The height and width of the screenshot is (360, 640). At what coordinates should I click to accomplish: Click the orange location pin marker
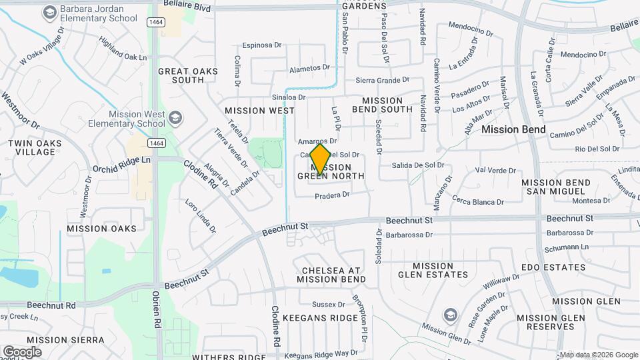click(x=320, y=159)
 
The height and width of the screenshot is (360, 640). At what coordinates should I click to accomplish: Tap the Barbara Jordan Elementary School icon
click(x=49, y=12)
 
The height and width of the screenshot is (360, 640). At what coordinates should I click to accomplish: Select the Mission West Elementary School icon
click(x=175, y=119)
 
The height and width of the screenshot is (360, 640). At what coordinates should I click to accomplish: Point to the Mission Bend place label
click(x=513, y=129)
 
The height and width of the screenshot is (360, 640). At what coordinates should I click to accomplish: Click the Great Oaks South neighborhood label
click(x=181, y=75)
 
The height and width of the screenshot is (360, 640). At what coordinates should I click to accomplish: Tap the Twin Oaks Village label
click(x=35, y=147)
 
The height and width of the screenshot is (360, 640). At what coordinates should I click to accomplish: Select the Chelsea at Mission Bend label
click(x=331, y=275)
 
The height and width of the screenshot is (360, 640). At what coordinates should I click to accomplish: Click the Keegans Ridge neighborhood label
click(x=320, y=318)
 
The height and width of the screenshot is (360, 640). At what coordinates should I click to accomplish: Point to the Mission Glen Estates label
click(x=433, y=270)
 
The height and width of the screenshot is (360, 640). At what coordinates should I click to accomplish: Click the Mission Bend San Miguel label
click(x=555, y=187)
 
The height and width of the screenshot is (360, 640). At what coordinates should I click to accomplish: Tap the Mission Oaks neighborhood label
click(x=101, y=229)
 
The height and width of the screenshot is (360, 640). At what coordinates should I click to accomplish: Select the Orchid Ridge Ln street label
click(x=122, y=161)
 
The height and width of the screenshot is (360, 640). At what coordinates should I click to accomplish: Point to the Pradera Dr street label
click(x=332, y=195)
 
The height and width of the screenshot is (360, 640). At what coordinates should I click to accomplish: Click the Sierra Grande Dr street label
click(x=378, y=80)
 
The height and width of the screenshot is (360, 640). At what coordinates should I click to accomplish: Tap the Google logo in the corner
click(x=22, y=351)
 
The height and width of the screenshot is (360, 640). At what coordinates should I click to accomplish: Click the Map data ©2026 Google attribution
click(x=599, y=355)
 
